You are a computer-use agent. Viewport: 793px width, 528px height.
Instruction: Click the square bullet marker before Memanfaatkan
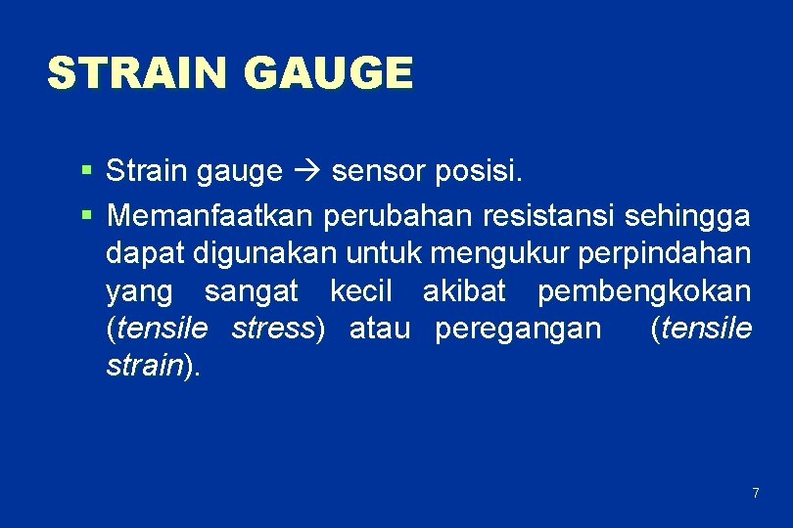(87, 212)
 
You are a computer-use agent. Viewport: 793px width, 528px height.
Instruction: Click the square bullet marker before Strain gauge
(87, 172)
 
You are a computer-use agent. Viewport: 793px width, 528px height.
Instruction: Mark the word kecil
(360, 291)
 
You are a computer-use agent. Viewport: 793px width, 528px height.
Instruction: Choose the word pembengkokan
(644, 291)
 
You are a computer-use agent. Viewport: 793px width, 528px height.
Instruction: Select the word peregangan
(518, 330)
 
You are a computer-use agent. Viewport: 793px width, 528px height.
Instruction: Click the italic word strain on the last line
(144, 367)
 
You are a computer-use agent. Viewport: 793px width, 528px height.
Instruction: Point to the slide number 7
(755, 493)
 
